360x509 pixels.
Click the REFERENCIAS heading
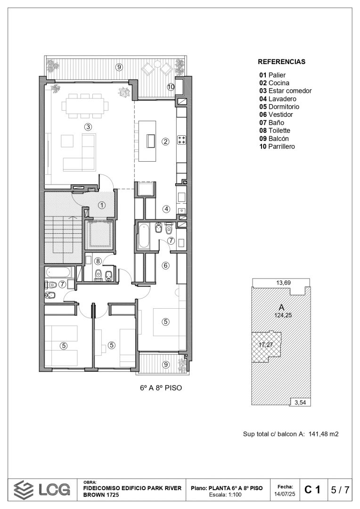pyautogui.click(x=281, y=62)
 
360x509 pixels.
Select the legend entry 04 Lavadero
pyautogui.click(x=278, y=99)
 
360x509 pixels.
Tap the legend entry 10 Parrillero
pyautogui.click(x=277, y=147)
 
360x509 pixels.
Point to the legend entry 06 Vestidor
pyautogui.click(x=276, y=115)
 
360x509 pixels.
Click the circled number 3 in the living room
pyautogui.click(x=88, y=127)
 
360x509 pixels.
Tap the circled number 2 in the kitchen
pyautogui.click(x=165, y=141)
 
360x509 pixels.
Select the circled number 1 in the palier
pyautogui.click(x=102, y=205)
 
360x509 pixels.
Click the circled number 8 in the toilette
pyautogui.click(x=98, y=261)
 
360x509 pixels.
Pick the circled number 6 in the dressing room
pyautogui.click(x=165, y=265)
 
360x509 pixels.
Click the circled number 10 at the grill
pyautogui.click(x=171, y=87)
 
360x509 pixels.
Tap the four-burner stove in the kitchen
pyautogui.click(x=181, y=140)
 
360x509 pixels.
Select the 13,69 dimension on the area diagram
pyautogui.click(x=283, y=283)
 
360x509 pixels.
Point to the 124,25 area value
pyautogui.click(x=283, y=315)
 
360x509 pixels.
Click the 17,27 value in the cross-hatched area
pyautogui.click(x=266, y=345)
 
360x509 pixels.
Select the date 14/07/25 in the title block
pyautogui.click(x=285, y=494)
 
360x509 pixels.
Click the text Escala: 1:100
pyautogui.click(x=225, y=495)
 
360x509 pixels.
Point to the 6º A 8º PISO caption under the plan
pyautogui.click(x=161, y=388)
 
